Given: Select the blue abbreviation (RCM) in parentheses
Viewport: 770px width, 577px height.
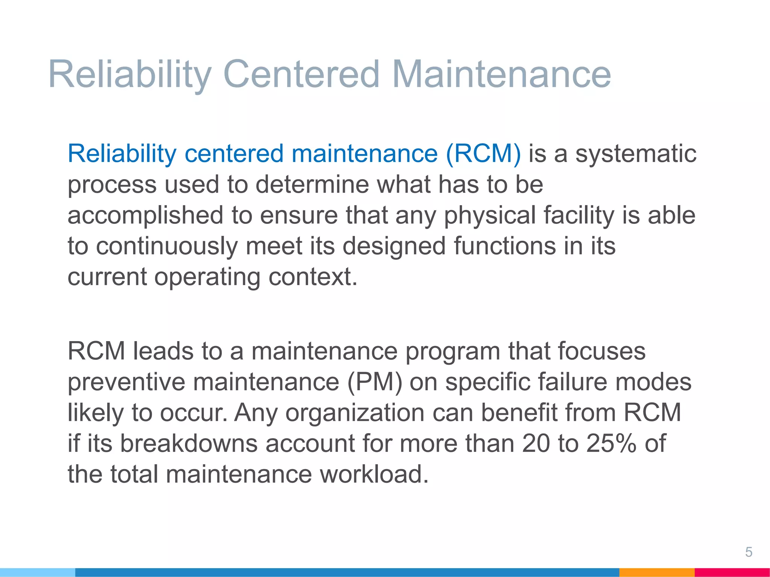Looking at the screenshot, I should coord(483,154).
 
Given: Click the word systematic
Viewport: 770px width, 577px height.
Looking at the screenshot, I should coord(636,154).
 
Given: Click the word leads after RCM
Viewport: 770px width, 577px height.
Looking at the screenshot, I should coord(163,351).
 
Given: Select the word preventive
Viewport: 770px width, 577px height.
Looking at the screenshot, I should coord(126,382).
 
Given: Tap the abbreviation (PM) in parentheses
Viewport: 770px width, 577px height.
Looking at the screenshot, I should coord(374,382).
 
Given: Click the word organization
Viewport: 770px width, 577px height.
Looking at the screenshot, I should coord(355,413).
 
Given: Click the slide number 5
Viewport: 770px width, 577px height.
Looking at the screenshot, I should coord(749,552).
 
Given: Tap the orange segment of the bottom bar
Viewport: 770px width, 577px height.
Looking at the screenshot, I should coord(656,572).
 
